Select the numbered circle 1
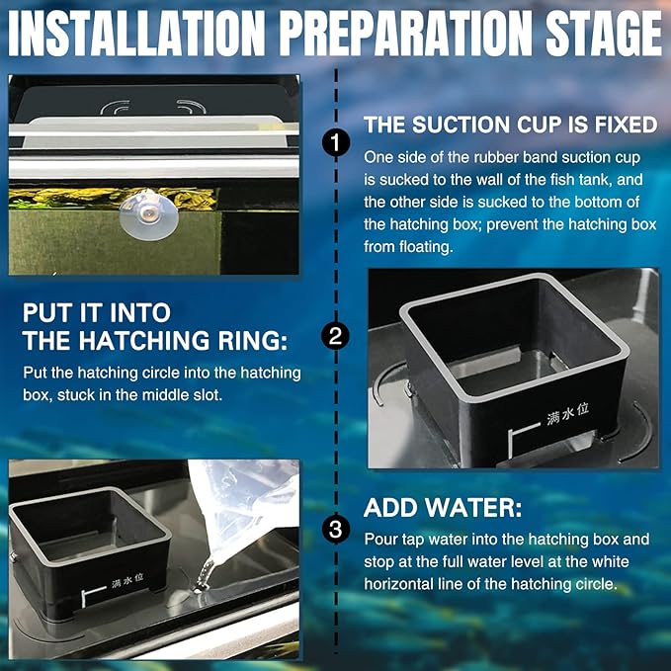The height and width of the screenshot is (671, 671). pyautogui.click(x=336, y=143)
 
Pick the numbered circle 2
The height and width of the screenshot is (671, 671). pyautogui.click(x=336, y=336)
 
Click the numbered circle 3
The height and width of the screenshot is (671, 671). pyautogui.click(x=336, y=530)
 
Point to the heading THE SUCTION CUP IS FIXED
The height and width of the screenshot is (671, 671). pyautogui.click(x=510, y=126)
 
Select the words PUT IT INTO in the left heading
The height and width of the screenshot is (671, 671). pyautogui.click(x=97, y=312)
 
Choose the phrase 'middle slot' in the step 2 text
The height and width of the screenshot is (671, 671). pyautogui.click(x=190, y=394)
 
